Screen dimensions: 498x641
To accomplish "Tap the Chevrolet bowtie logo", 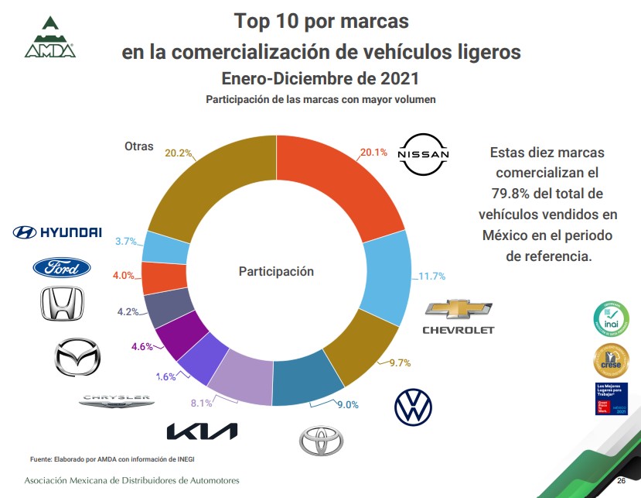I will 458,309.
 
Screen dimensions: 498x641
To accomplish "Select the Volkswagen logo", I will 413,407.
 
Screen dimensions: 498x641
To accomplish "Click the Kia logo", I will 203,431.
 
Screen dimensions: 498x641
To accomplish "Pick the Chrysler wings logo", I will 117,400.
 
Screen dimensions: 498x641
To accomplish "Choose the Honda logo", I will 62,304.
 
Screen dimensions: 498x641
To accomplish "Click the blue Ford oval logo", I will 61,268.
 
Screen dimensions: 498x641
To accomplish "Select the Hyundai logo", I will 57,232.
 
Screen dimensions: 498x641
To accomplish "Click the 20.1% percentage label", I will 373,153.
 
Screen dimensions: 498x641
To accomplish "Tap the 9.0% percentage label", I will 347,404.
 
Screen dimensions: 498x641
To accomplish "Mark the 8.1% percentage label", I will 201,402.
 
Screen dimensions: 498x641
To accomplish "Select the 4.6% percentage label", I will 142,347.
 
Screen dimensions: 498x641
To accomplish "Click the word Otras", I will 139,146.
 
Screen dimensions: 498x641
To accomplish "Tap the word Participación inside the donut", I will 276,271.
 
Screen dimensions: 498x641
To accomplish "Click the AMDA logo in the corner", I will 49,36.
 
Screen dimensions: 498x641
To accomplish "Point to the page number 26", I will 621,482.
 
